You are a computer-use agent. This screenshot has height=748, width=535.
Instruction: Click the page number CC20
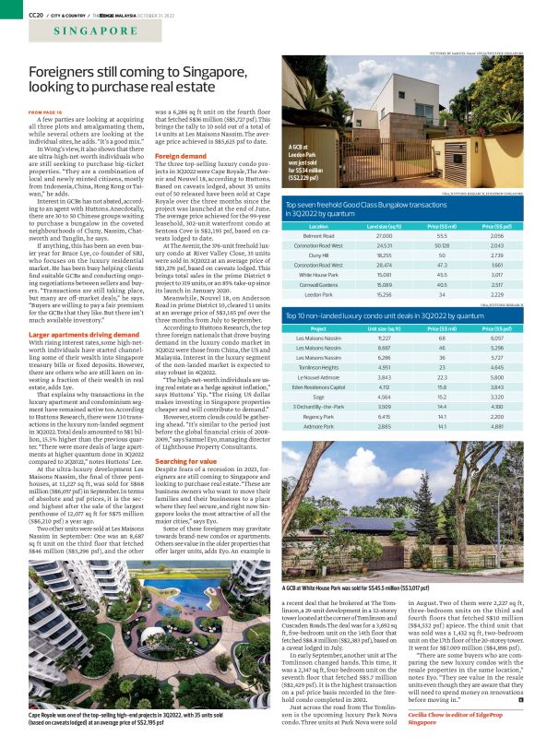[36, 12]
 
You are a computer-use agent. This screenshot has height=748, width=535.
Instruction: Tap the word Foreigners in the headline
[67, 72]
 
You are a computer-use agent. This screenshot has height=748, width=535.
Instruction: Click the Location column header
[318, 225]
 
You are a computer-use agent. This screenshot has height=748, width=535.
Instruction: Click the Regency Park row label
[318, 415]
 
